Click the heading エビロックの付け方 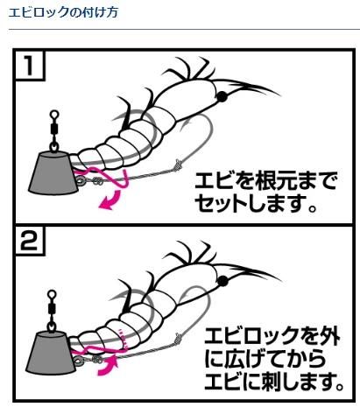point(63,12)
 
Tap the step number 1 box point(29,65)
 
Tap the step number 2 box point(29,241)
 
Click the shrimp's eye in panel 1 point(222,96)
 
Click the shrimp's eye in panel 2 point(223,281)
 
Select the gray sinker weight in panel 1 point(53,173)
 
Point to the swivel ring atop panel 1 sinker point(54,114)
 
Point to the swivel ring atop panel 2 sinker point(52,294)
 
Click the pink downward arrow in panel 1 point(110,200)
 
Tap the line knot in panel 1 point(178,165)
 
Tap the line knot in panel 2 point(178,339)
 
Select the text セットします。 point(256,203)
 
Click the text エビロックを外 point(272,336)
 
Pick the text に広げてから point(265,359)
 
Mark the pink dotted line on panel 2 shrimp point(123,339)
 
